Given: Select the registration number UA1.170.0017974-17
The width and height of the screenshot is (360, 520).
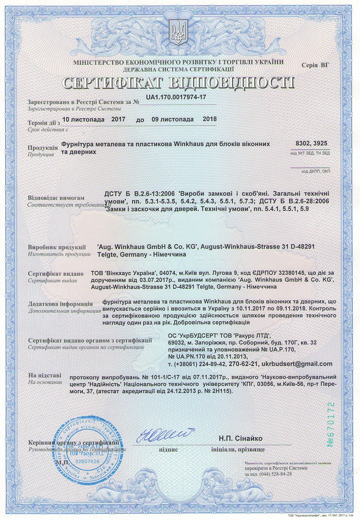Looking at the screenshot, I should [176, 98].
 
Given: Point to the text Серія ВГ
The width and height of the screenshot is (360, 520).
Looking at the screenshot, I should [316, 65].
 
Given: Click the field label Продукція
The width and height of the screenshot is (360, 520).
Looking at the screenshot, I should [42, 148].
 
